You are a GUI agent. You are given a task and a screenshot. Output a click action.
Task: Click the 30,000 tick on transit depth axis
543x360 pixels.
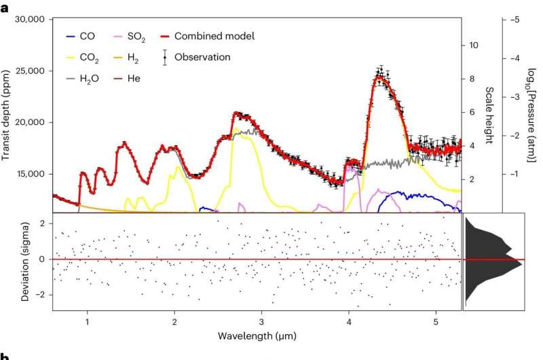coord(30,20)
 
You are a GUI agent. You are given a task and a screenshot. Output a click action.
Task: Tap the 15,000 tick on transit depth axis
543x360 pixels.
coord(30,174)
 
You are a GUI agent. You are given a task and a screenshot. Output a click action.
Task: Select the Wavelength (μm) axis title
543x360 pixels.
coord(257,336)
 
